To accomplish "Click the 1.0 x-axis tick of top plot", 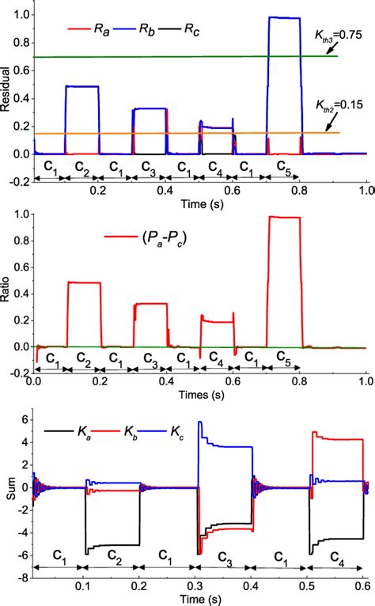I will tap(366, 190).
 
